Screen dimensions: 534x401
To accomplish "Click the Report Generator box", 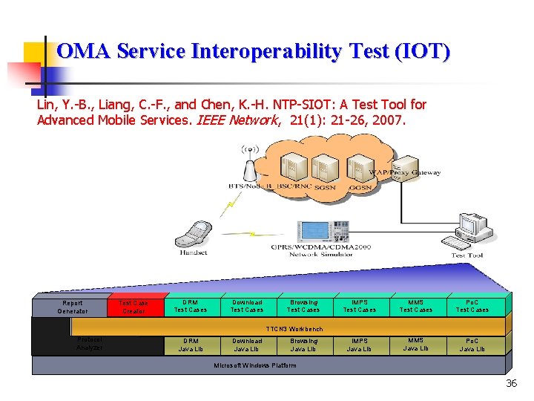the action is point(73,307).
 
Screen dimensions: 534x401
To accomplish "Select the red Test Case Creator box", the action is point(133,307).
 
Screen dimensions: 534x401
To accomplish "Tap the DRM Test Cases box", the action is point(191,306).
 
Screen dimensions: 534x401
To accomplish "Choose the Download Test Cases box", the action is point(247,306).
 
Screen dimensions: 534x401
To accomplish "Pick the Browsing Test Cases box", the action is point(303,306).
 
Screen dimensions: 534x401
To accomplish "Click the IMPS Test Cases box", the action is point(360,306).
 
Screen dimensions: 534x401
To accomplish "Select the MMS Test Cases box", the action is point(415,306).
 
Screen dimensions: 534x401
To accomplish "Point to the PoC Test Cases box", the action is point(472,306).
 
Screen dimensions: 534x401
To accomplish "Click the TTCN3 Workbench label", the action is point(294,328).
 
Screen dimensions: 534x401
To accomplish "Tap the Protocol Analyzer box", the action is point(90,344).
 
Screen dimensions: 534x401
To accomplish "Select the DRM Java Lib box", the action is point(191,345).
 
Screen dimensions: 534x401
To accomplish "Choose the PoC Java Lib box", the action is point(472,345).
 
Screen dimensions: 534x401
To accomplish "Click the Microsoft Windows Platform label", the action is point(255,365).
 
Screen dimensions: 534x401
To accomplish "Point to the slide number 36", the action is point(511,383).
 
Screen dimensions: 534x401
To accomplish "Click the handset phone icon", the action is point(191,233).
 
